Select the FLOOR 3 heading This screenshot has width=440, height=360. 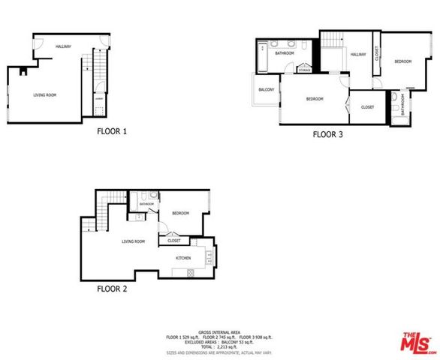(x=328, y=136)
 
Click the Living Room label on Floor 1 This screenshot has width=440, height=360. (x=45, y=95)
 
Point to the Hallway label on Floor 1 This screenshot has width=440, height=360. (x=63, y=46)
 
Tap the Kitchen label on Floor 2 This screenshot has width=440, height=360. (x=183, y=258)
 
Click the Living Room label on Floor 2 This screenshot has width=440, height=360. (x=134, y=241)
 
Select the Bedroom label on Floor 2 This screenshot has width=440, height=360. (x=180, y=213)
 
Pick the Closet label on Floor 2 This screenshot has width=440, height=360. (x=174, y=241)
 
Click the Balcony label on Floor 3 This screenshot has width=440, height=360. (x=266, y=90)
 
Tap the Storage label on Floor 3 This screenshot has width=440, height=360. (x=304, y=70)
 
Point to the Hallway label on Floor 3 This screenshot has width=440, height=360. (x=358, y=54)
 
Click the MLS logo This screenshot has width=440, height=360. (x=416, y=342)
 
